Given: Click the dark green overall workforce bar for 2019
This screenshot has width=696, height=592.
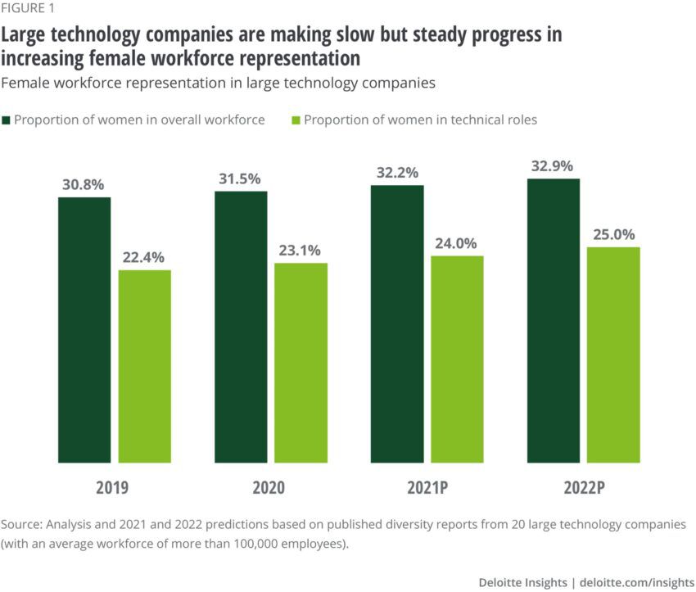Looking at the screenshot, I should pos(84,329).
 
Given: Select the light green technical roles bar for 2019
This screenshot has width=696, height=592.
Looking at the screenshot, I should pos(145,366).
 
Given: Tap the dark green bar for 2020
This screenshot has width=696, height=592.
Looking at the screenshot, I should pos(241,327).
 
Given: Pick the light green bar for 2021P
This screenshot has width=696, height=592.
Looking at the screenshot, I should pos(457,359).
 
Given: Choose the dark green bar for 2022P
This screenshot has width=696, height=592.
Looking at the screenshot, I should pos(554,320).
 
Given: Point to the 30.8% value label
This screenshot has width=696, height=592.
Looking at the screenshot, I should pos(84,185).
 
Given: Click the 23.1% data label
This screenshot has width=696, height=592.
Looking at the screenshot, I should pos(301,251).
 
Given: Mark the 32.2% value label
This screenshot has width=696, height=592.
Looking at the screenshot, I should pos(397,173).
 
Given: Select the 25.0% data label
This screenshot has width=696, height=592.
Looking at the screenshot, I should pos(614,234).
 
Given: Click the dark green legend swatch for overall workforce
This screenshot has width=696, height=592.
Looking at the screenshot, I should pos(7,120).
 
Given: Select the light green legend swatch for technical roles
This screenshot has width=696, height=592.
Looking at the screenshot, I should pos(297,120).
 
